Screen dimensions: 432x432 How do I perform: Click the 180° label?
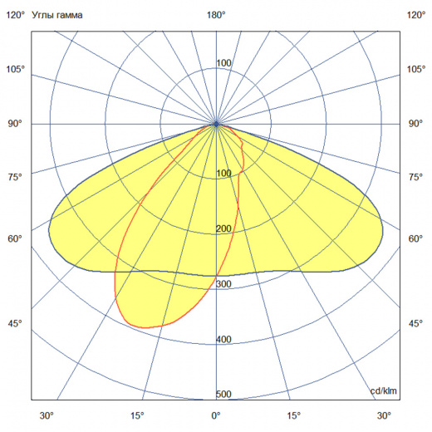pyautogui.click(x=216, y=14)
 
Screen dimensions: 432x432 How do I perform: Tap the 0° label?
pyautogui.click(x=216, y=415)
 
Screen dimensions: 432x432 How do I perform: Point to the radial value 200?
pyautogui.click(x=223, y=229)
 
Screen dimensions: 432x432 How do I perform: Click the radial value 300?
pyautogui.click(x=223, y=284)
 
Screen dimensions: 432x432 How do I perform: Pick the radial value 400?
pyautogui.click(x=223, y=340)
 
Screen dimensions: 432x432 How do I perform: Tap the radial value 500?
pyautogui.click(x=223, y=395)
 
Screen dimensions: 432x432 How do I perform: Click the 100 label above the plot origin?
pyautogui.click(x=223, y=64)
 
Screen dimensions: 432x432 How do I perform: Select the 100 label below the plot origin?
pyautogui.click(x=223, y=174)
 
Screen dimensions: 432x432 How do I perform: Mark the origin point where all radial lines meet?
pyautogui.click(x=216, y=124)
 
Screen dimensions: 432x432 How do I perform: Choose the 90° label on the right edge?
pyautogui.click(x=415, y=124)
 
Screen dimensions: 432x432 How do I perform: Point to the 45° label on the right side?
pyautogui.click(x=415, y=323)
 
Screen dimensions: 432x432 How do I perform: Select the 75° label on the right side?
pyautogui.click(x=415, y=177)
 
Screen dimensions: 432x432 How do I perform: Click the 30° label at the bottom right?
pyautogui.click(x=384, y=415)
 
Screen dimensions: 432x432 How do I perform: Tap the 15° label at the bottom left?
pyautogui.click(x=137, y=415)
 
